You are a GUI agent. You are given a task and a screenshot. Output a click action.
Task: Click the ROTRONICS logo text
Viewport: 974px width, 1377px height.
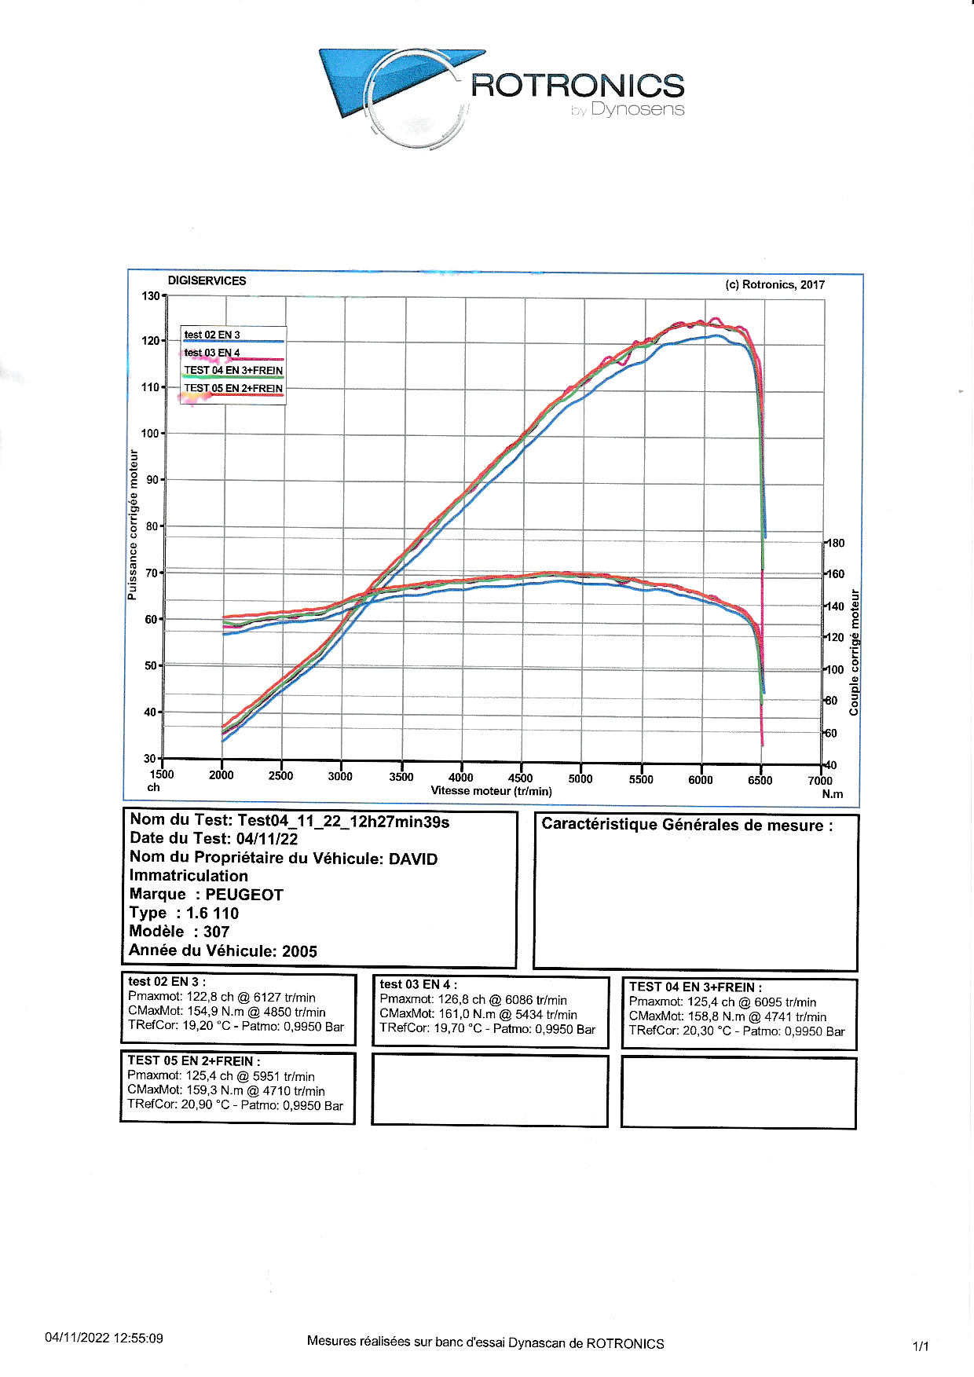[577, 86]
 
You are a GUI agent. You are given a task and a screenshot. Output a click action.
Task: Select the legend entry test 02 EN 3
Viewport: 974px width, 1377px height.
[212, 335]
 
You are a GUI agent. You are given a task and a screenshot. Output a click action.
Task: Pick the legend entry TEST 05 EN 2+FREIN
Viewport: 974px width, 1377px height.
[233, 388]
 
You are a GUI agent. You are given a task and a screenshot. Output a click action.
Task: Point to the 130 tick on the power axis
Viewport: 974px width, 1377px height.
[150, 296]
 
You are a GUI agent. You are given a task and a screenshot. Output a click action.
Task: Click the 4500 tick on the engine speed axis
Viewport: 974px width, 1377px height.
[520, 778]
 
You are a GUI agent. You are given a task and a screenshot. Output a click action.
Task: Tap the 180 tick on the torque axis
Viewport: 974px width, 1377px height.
[836, 543]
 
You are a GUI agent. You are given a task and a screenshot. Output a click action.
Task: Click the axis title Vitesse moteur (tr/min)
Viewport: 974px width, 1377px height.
[491, 791]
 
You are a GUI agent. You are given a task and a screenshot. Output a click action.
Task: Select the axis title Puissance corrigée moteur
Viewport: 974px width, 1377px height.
[133, 524]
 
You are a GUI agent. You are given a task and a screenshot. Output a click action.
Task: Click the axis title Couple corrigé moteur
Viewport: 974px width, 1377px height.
[855, 652]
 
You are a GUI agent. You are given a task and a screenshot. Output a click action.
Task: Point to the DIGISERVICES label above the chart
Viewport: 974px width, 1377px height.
[207, 280]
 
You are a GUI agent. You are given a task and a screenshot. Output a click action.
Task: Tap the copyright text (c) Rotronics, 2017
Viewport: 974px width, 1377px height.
[774, 284]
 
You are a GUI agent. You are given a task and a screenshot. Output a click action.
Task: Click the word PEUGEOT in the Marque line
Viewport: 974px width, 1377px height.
[244, 895]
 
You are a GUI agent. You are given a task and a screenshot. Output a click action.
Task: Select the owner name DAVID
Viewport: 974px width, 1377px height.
[413, 859]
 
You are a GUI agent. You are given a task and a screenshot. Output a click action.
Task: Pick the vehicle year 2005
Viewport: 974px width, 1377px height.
[299, 951]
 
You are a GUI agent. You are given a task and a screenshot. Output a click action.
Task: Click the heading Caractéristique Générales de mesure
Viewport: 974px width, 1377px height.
[687, 825]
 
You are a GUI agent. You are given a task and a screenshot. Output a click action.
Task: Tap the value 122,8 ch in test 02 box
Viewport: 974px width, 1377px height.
[210, 997]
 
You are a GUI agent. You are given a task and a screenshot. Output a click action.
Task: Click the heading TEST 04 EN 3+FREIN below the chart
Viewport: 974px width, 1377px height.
[694, 987]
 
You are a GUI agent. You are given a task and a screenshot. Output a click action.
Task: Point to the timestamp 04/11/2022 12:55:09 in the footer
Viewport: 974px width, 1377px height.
[104, 1338]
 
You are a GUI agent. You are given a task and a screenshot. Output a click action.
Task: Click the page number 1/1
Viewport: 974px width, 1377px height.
[921, 1346]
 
